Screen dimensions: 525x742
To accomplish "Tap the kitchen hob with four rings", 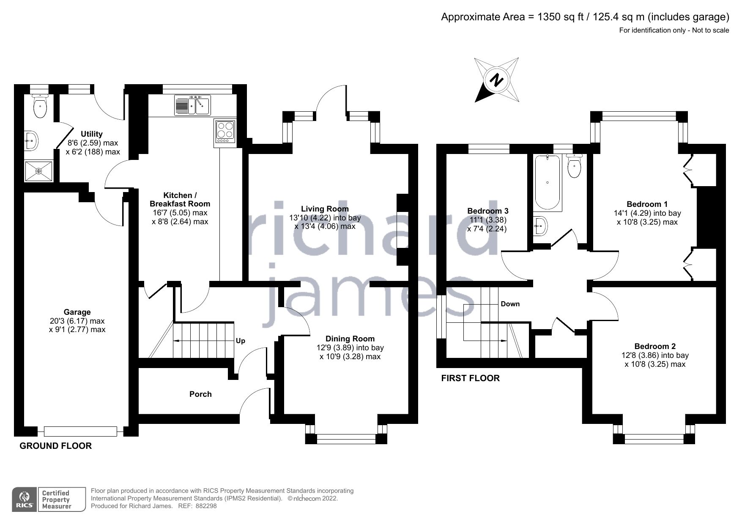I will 225,132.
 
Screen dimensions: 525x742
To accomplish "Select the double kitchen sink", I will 193,105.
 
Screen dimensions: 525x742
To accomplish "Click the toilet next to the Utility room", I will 40,106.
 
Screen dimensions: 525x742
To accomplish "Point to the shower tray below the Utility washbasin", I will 38,171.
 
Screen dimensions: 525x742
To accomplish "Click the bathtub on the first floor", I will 548,182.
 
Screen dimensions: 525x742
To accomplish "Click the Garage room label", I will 77,312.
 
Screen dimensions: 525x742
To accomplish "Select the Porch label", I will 200,394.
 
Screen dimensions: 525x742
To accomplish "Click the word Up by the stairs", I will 240,341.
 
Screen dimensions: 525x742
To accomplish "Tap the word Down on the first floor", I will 510,304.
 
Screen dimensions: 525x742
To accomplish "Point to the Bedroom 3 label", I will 487,211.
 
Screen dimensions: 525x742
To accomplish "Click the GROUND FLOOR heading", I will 55,445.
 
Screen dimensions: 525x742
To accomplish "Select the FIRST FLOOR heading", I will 470,378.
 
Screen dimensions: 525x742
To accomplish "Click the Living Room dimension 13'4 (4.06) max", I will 325,226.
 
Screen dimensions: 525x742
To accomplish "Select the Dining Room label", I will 350,338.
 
